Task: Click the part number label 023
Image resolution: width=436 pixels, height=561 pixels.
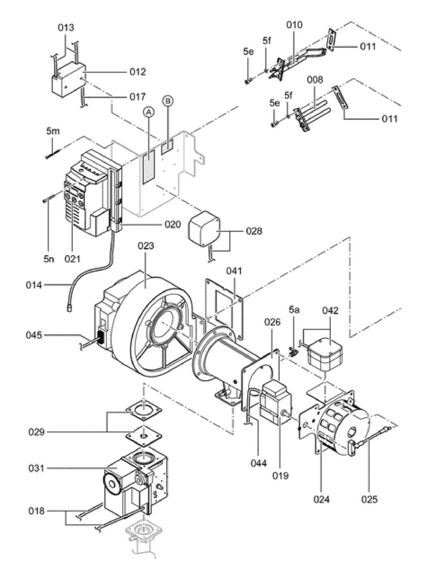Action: [146, 246]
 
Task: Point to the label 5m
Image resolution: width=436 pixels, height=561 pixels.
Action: [53, 131]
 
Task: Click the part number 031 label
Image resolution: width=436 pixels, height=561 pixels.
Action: [36, 468]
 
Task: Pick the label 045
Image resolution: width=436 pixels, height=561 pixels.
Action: [34, 335]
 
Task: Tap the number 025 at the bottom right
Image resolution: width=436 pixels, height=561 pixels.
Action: [369, 499]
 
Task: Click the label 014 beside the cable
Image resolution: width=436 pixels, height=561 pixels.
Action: [34, 285]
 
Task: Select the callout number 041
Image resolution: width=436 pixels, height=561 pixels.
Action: [234, 271]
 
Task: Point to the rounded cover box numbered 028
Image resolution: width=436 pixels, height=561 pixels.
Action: [204, 229]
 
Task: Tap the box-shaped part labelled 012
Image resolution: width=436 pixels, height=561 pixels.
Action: [68, 79]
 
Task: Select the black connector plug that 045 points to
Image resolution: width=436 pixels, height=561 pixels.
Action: [100, 338]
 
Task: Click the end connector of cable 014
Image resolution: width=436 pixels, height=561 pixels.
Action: [69, 308]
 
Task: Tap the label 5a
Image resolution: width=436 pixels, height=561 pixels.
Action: [294, 310]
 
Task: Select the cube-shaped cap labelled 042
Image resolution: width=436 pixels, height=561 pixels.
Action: [325, 354]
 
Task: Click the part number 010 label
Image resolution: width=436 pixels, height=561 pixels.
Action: [294, 25]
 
